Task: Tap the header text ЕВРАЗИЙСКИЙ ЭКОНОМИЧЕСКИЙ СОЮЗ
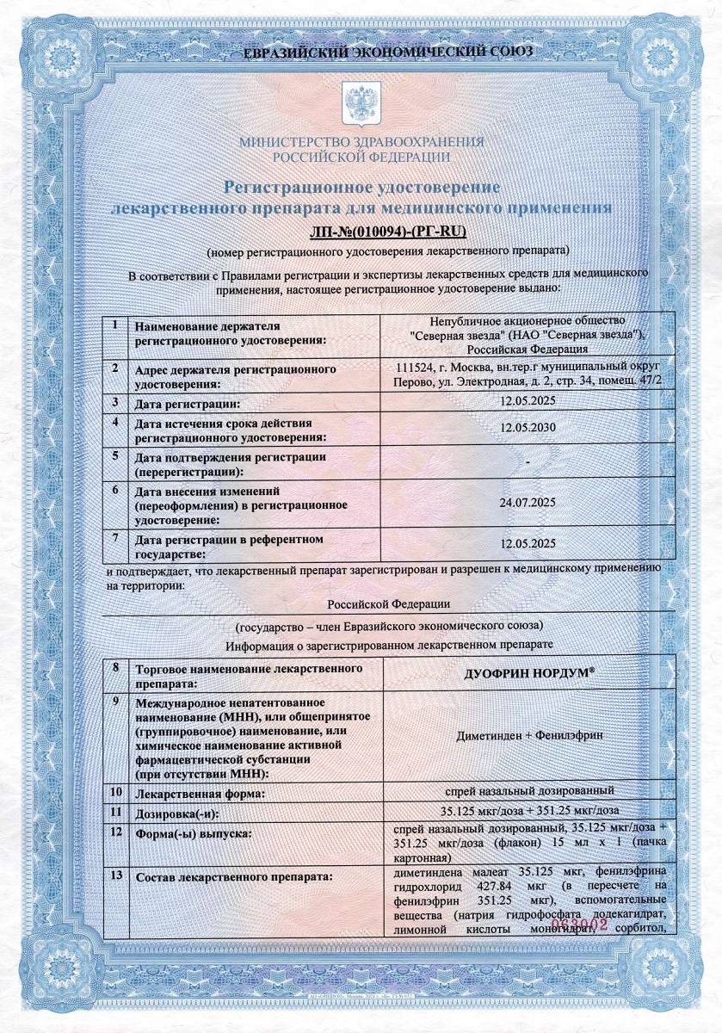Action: [361, 52]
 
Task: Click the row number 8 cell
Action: [115, 667]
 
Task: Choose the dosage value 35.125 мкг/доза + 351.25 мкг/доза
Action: [528, 811]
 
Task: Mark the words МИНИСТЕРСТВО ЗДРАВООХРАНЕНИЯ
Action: [361, 141]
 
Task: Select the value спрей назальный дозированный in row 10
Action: [528, 790]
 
